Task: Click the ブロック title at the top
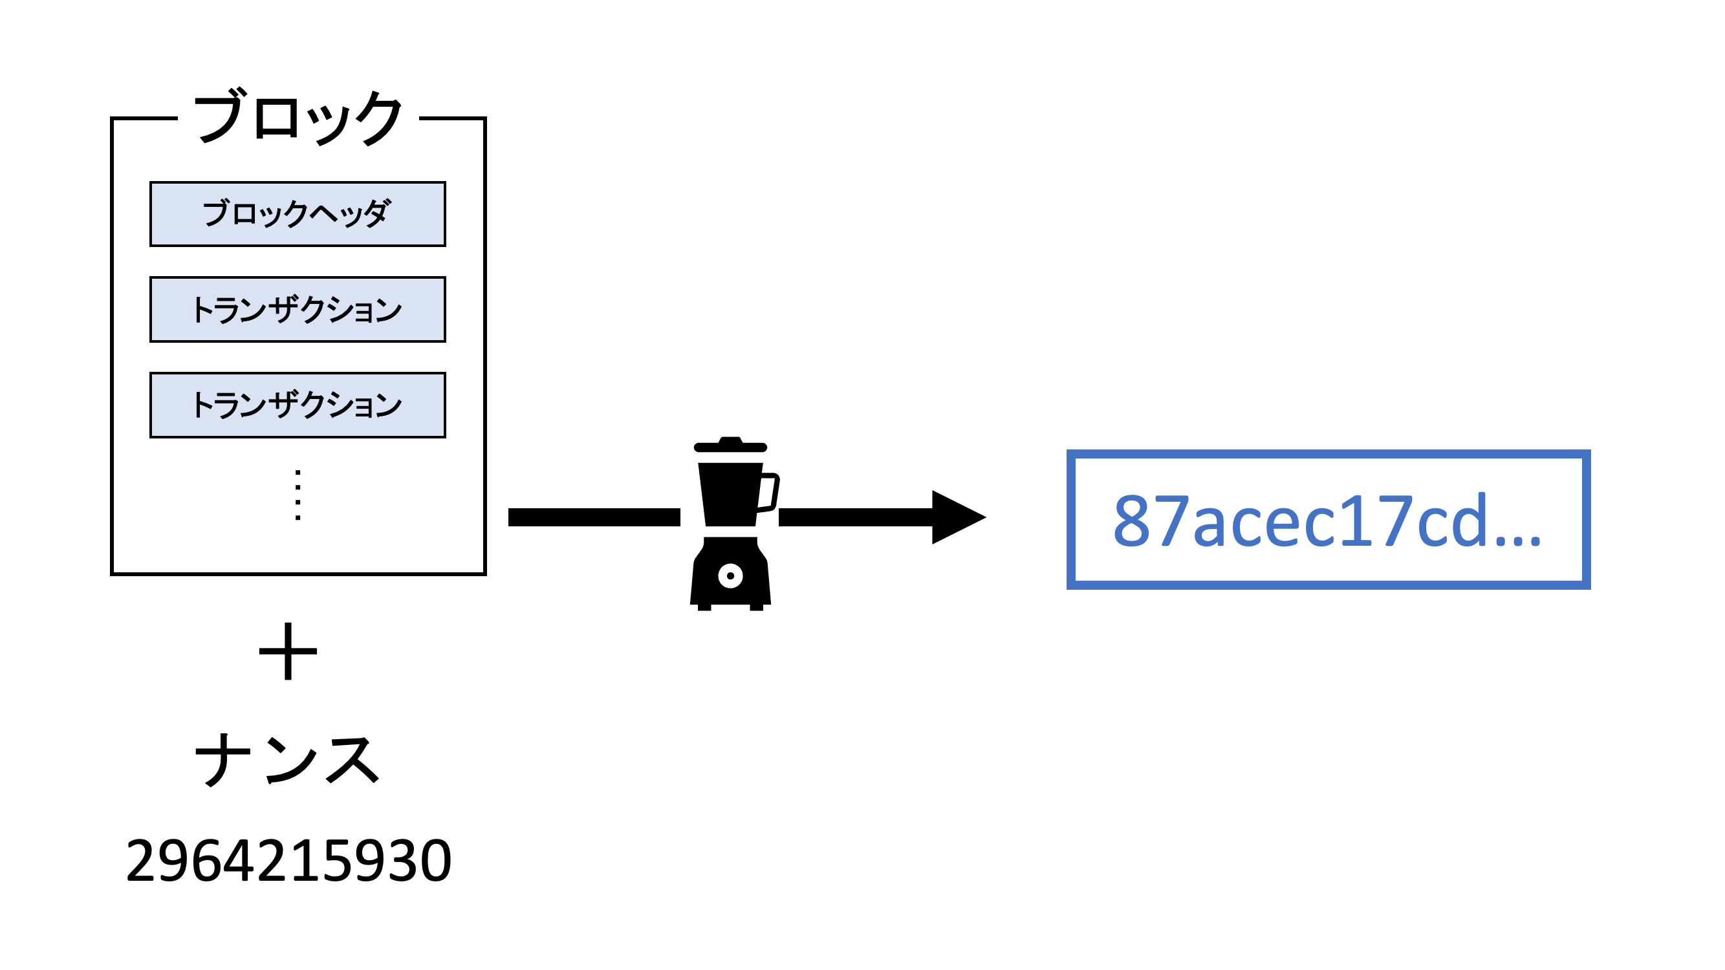pos(298,118)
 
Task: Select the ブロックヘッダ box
pos(298,214)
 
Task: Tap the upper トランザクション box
pos(298,309)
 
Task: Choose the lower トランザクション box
pos(298,405)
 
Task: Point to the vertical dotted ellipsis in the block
pos(298,495)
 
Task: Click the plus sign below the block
pos(288,651)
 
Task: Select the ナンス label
pos(288,759)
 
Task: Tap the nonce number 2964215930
pos(288,861)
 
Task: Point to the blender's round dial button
pos(730,576)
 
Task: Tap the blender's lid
pos(730,446)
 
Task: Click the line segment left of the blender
pos(594,517)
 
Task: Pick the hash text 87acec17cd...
pos(1299,521)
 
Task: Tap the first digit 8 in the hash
pos(1132,521)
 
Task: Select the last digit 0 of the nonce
pos(435,861)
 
